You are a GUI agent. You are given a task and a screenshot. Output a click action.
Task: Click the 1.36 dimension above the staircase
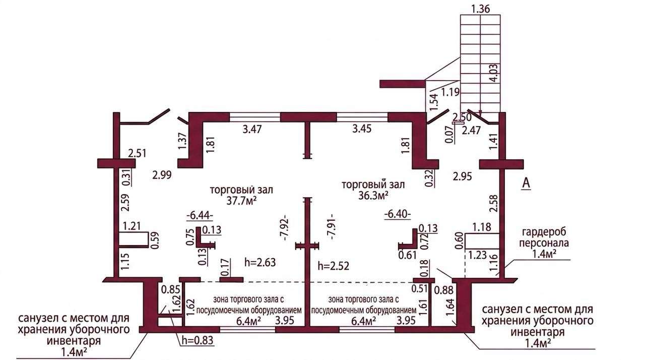(480, 9)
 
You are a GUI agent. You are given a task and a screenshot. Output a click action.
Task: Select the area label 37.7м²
(241, 201)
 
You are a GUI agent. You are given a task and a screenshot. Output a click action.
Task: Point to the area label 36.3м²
(373, 195)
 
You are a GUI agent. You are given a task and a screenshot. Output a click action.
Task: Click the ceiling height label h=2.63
(260, 262)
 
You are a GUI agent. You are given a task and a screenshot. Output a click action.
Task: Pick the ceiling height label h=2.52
(334, 266)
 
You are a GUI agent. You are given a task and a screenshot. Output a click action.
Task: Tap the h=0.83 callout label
(197, 341)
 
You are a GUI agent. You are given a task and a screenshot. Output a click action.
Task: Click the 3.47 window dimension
(252, 129)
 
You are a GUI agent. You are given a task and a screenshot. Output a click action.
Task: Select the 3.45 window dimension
(362, 129)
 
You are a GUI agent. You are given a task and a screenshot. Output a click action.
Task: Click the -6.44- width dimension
(200, 215)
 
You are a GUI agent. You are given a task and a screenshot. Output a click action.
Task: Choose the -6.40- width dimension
(398, 214)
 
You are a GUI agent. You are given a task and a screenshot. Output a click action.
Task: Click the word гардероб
(544, 231)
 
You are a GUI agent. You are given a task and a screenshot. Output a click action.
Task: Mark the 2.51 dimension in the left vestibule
(137, 153)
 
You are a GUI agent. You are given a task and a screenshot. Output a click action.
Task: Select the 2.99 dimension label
(162, 175)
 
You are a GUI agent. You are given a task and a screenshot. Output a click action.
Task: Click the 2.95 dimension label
(463, 176)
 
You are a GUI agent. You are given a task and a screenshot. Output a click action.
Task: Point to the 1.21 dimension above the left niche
(132, 226)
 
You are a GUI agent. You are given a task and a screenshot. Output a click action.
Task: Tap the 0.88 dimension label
(444, 290)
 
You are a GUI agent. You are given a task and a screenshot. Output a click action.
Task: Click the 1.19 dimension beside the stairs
(450, 92)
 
